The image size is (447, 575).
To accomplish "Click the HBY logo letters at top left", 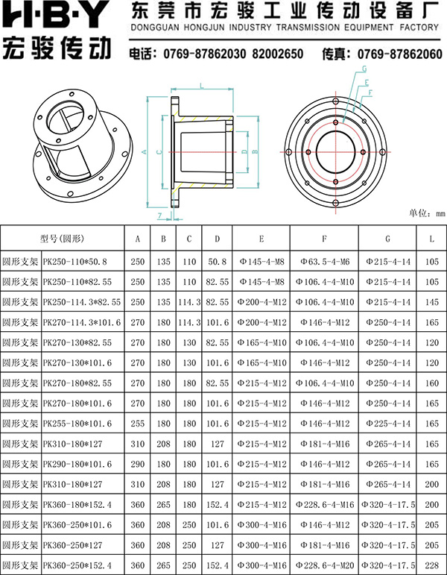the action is (x=56, y=16).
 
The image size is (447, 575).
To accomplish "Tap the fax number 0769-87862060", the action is (x=400, y=54).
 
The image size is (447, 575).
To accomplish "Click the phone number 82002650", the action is (x=277, y=54).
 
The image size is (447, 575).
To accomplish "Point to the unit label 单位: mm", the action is (x=427, y=213).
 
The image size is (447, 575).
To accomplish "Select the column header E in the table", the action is (x=261, y=239).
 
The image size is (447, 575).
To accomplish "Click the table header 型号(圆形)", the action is (x=62, y=239).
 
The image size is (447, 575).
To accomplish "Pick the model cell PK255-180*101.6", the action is (x=77, y=424).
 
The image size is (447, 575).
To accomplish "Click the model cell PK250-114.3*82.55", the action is (x=82, y=302).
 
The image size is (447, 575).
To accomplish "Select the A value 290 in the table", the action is (x=137, y=464).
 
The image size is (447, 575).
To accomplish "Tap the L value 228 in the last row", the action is (x=432, y=565).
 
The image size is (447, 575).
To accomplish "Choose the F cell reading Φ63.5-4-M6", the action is (x=325, y=262).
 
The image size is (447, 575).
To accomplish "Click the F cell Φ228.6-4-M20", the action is (x=325, y=565).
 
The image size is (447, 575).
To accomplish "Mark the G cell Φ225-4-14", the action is (x=388, y=424).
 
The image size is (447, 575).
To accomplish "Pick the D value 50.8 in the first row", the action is (x=218, y=262).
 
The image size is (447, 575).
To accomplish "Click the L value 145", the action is (x=432, y=302).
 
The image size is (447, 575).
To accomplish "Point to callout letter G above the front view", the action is (x=364, y=69).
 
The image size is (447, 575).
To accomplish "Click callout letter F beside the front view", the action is (x=370, y=92).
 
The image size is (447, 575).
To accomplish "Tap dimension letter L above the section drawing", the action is (x=202, y=86).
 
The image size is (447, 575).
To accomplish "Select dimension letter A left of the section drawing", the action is (x=144, y=151).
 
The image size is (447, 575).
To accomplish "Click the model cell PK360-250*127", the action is (x=72, y=545).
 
